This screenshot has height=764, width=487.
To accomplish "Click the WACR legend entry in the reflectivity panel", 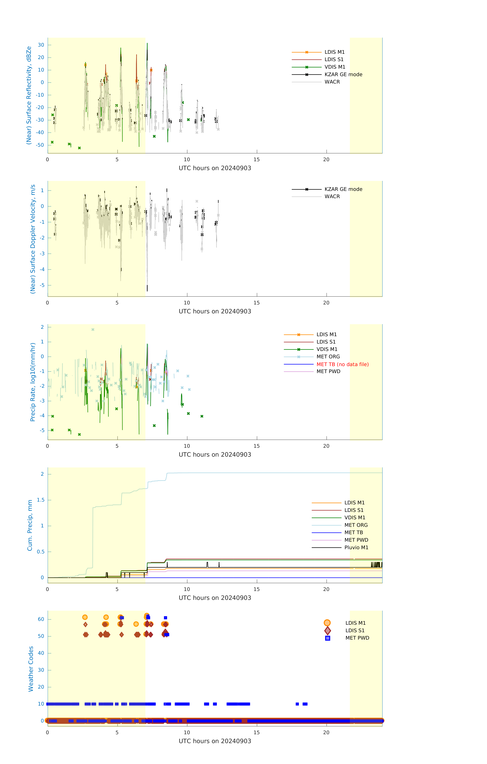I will (x=332, y=82).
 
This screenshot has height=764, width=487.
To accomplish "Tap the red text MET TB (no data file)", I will (x=342, y=364).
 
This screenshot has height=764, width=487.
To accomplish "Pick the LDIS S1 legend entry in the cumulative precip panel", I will (x=354, y=510).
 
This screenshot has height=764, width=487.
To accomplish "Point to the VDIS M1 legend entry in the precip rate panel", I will (x=327, y=349).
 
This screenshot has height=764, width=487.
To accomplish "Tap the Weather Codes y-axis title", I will (x=31, y=669).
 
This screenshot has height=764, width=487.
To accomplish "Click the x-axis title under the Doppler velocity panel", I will (x=215, y=311).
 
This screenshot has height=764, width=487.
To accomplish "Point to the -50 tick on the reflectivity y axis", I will (x=40, y=145).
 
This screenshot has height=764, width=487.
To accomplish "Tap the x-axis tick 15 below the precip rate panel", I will (x=256, y=446).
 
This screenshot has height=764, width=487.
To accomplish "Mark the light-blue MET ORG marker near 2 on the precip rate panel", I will (x=93, y=330).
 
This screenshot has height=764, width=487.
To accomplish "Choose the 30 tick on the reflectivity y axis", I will (x=41, y=45).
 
